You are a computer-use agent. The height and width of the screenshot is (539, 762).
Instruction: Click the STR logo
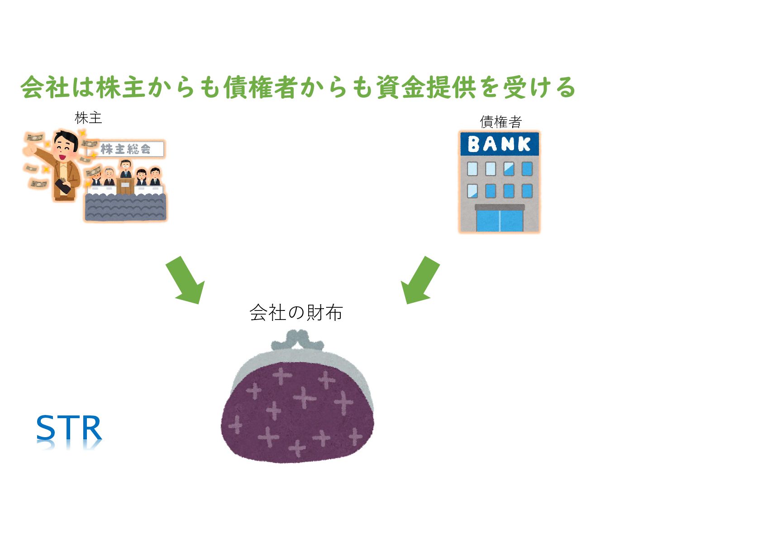[69, 428]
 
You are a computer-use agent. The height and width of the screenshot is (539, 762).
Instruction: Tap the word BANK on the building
[499, 144]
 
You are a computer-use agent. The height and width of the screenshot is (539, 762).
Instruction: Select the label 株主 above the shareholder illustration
[88, 118]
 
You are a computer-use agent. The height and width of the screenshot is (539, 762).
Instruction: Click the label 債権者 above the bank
[500, 121]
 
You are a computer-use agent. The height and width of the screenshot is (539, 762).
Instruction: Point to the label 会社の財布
[296, 313]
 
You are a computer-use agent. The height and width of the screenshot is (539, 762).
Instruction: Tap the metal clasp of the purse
[297, 339]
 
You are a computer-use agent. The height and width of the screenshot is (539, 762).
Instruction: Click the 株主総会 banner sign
[125, 149]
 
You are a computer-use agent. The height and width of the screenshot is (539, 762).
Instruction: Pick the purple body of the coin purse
[297, 412]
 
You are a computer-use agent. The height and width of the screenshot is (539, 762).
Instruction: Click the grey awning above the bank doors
[500, 207]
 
